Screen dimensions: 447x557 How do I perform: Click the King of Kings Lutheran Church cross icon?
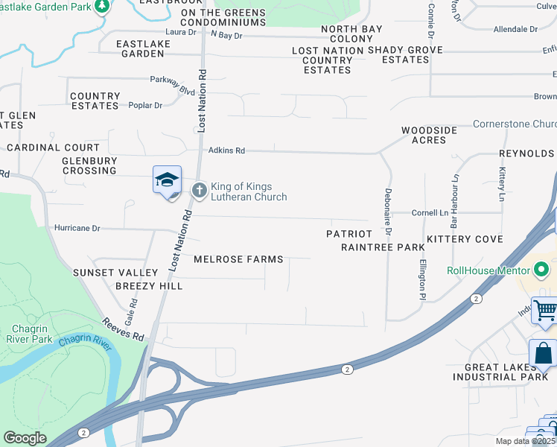(199, 191)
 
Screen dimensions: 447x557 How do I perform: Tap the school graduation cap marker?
(168, 180)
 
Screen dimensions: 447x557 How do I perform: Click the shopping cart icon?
(546, 309)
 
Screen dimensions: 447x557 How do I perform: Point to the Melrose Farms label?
(238, 259)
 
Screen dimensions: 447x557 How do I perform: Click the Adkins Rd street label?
(226, 150)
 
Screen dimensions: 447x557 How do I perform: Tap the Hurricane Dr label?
(77, 228)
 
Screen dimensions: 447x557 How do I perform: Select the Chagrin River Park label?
(32, 334)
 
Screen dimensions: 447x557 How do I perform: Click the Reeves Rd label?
(124, 329)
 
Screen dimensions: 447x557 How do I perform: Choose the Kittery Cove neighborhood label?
(465, 239)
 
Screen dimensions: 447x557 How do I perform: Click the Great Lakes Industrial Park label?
(506, 372)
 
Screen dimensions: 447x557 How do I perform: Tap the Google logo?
(25, 438)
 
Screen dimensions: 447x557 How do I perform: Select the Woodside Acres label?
(429, 135)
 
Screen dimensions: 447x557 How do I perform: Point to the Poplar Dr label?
(145, 106)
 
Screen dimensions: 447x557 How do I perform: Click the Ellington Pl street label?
(421, 274)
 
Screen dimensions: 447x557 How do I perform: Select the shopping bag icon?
(543, 354)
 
